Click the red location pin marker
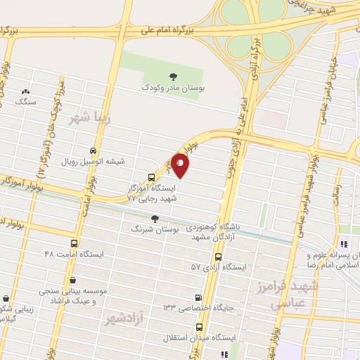coord(181,166)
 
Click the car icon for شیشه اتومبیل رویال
coord(93,150)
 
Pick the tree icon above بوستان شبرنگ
coord(155,219)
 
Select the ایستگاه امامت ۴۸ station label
coord(74,252)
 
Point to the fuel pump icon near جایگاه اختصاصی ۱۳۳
coord(198,298)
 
